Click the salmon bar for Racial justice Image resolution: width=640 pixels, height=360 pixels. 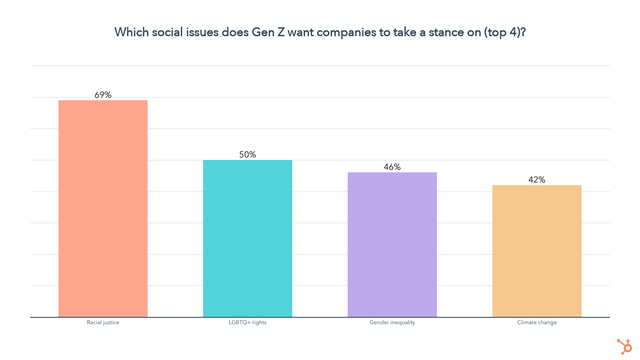[x=103, y=209]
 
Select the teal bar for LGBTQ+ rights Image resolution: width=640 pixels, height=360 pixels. [x=247, y=238]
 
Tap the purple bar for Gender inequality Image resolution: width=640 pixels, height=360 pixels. [x=392, y=245]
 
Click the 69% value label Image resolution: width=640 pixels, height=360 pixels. [x=103, y=95]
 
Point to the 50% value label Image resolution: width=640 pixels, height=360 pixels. [x=247, y=154]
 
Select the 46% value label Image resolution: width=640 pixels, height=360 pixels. [x=392, y=167]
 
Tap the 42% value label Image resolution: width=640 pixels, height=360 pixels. [x=537, y=180]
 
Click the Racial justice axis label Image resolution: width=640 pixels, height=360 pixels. [x=103, y=322]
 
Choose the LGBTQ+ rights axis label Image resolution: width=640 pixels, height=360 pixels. [x=247, y=322]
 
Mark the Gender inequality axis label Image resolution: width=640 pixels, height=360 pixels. [x=392, y=322]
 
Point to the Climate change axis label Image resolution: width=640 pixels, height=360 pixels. [x=537, y=322]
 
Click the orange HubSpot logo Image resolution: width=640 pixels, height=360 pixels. [x=625, y=346]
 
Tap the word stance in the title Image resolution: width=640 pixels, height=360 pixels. [x=448, y=32]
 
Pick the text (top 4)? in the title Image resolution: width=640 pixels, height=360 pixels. [x=505, y=32]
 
